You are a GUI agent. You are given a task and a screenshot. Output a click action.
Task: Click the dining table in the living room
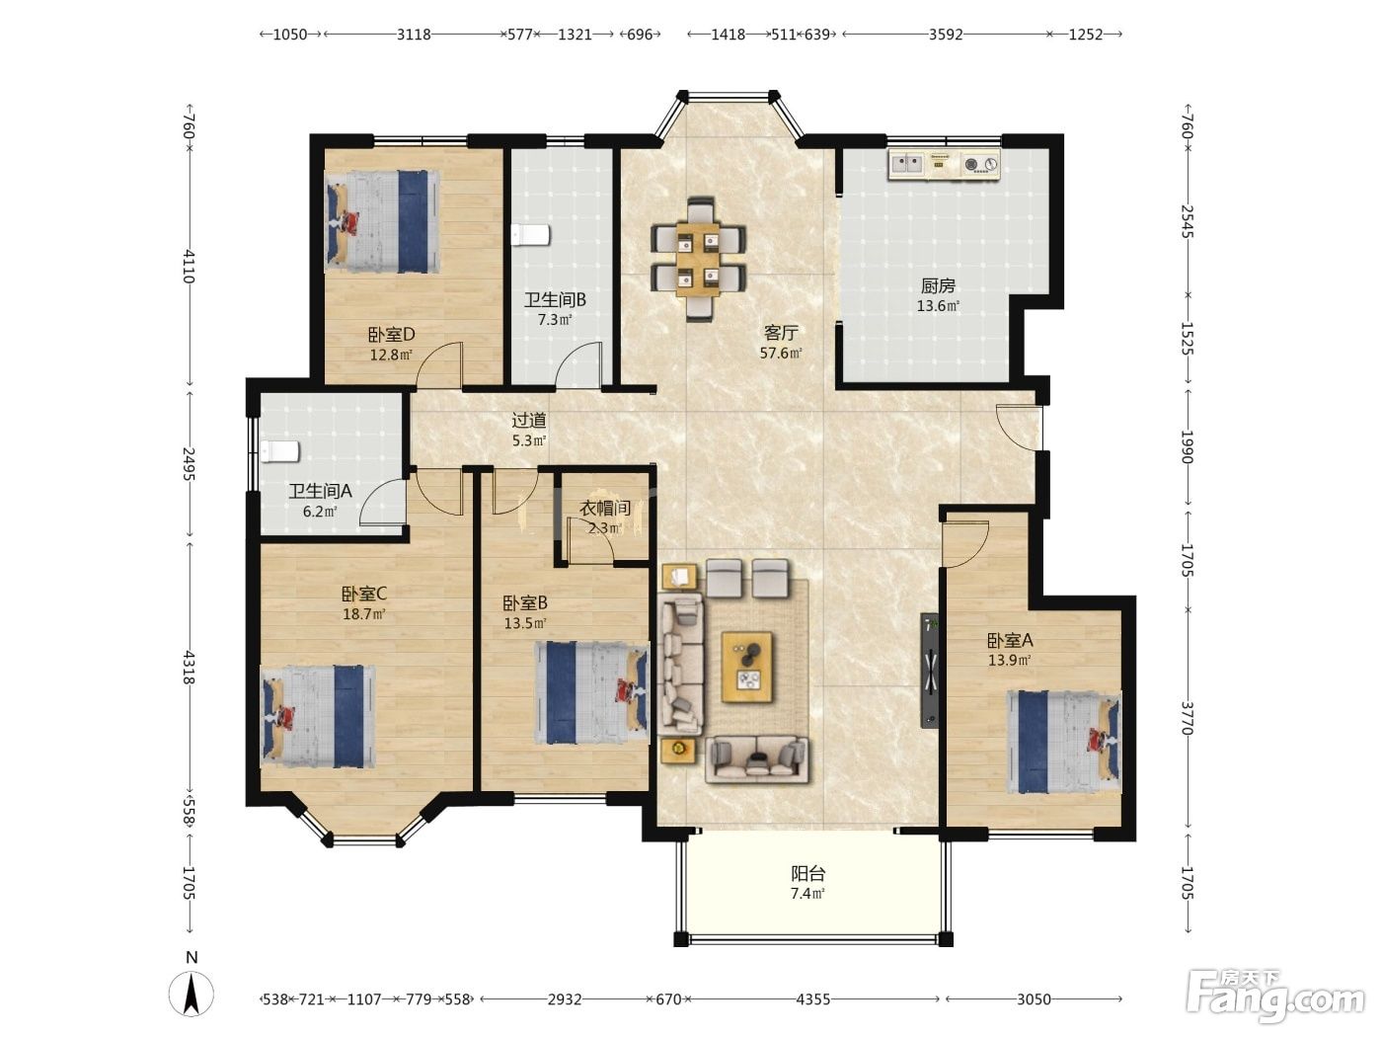[x=698, y=259]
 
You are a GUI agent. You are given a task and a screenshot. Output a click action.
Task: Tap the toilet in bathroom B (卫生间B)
[x=530, y=235]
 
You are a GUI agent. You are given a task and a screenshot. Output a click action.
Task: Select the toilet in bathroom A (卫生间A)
[x=280, y=451]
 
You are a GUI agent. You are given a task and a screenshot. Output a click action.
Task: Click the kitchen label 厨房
[x=938, y=286]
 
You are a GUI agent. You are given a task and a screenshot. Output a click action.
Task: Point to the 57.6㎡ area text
[x=781, y=354]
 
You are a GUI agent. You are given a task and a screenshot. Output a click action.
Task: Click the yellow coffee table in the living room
[x=747, y=668]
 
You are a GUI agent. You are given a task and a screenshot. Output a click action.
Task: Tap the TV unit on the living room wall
[x=929, y=671]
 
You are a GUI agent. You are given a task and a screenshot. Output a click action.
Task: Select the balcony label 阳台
[x=807, y=873]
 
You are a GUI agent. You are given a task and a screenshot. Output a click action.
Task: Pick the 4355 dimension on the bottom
[x=812, y=999]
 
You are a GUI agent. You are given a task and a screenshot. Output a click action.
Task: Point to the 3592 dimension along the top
[x=946, y=35]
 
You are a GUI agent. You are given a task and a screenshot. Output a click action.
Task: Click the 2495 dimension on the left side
[x=189, y=463]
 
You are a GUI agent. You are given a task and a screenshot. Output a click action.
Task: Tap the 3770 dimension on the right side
[x=1187, y=718]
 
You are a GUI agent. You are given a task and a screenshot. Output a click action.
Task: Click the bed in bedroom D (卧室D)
[x=382, y=221]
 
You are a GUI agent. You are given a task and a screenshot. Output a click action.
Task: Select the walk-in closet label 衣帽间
[x=604, y=508]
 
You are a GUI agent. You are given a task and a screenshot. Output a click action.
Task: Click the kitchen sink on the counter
[x=906, y=164]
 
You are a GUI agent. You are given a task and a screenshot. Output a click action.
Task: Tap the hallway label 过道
[x=529, y=420]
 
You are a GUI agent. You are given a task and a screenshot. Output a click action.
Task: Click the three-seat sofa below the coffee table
[x=756, y=759]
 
